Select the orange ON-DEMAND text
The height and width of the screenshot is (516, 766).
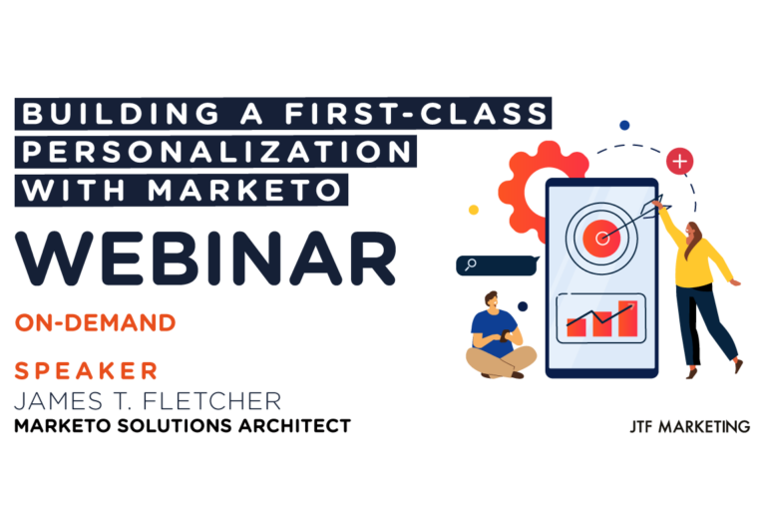point(96,322)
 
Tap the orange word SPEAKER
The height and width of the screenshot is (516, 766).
point(87,371)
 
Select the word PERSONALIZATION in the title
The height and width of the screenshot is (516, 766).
point(214,151)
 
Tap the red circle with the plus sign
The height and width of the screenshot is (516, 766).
point(681,160)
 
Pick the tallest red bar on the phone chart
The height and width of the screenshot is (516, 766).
point(626,317)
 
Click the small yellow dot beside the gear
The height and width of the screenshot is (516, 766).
point(474,210)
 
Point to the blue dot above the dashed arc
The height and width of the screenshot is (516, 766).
point(624,126)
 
